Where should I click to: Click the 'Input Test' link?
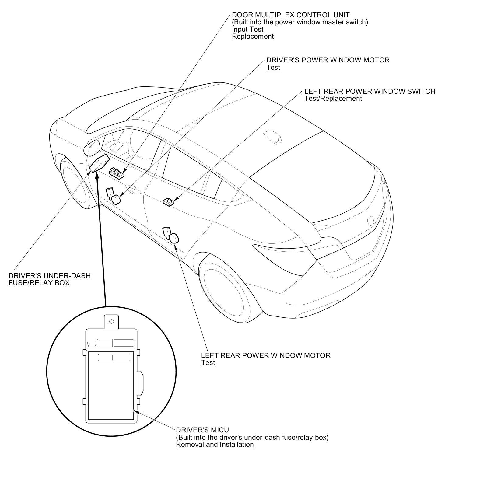247,29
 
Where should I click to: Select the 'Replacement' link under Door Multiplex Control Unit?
253,37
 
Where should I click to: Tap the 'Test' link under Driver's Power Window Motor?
273,67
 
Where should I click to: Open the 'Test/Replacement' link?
333,99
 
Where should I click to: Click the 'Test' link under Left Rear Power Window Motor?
208,363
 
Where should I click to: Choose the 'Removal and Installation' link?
215,445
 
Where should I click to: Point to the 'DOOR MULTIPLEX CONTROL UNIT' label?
291,15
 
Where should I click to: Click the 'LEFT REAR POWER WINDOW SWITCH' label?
370,91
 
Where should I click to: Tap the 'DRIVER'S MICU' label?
202,430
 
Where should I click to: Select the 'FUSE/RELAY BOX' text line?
39,283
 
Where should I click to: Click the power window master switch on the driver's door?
117,173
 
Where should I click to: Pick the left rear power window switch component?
168,201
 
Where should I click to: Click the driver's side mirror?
91,148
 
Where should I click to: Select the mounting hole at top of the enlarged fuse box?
111,322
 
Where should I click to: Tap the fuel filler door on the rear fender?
371,221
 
